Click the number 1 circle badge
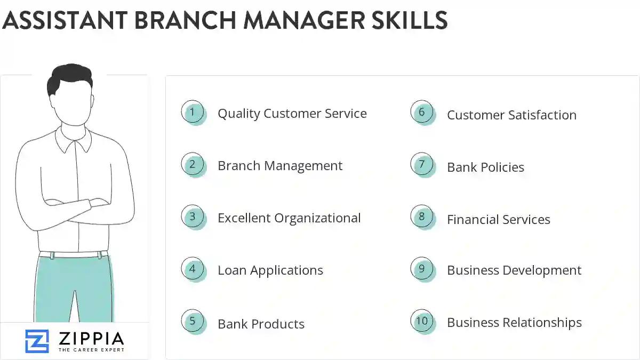[193, 113]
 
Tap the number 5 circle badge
[193, 322]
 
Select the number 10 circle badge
[422, 321]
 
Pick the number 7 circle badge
[422, 165]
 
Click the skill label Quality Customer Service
[292, 114]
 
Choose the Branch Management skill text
[279, 166]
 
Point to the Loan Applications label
[270, 270]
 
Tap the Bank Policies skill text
[485, 167]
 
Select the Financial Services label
[498, 219]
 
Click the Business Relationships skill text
[514, 323]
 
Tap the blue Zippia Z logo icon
[37, 341]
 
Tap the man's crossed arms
[74, 205]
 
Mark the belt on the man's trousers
[74, 254]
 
